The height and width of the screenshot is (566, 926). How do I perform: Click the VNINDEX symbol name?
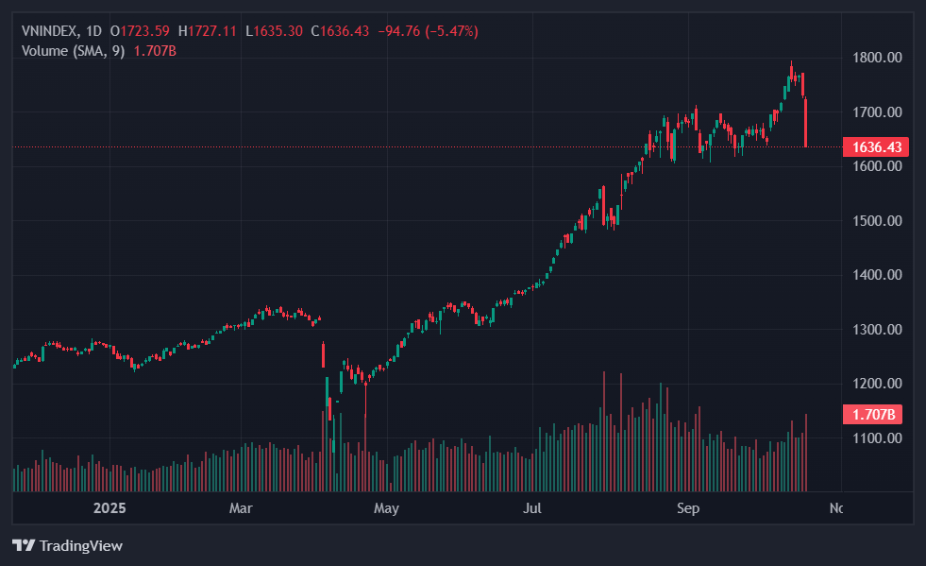pyautogui.click(x=49, y=31)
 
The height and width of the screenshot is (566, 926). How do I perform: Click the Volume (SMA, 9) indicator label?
pyautogui.click(x=73, y=50)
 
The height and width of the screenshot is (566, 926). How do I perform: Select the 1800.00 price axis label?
pyautogui.click(x=877, y=58)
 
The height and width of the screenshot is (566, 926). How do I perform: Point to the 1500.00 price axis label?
pyautogui.click(x=877, y=221)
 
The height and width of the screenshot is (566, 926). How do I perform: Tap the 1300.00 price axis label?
pyautogui.click(x=877, y=330)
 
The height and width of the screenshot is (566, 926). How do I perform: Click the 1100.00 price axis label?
pyautogui.click(x=877, y=438)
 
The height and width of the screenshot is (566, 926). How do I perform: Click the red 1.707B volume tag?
pyautogui.click(x=871, y=414)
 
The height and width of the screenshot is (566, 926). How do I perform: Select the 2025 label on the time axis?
pyautogui.click(x=109, y=508)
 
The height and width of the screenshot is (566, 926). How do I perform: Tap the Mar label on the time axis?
pyautogui.click(x=242, y=508)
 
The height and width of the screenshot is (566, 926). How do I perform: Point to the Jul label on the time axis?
pyautogui.click(x=532, y=508)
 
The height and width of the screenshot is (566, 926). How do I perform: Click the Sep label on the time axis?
pyautogui.click(x=688, y=508)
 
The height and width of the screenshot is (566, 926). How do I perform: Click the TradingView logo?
pyautogui.click(x=67, y=545)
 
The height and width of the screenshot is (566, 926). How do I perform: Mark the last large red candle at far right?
pyautogui.click(x=806, y=123)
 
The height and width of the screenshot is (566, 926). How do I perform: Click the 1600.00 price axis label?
pyautogui.click(x=877, y=166)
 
